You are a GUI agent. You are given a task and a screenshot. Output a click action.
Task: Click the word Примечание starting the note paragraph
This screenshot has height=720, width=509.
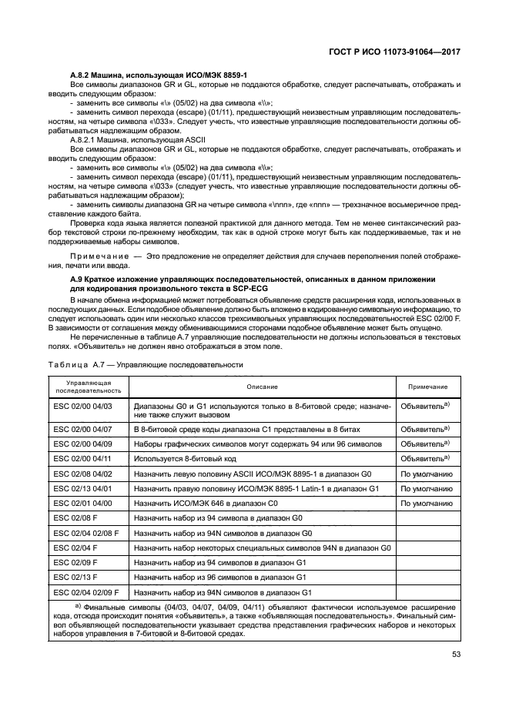[97, 255]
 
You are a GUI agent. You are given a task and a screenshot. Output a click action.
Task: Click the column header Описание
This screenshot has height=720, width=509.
[262, 387]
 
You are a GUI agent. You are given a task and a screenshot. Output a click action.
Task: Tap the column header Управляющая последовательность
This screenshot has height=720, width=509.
[89, 387]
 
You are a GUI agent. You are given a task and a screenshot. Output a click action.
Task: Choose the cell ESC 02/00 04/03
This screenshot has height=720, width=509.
[83, 405]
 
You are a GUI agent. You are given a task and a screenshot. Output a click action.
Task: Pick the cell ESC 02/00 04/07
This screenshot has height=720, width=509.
[83, 428]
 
